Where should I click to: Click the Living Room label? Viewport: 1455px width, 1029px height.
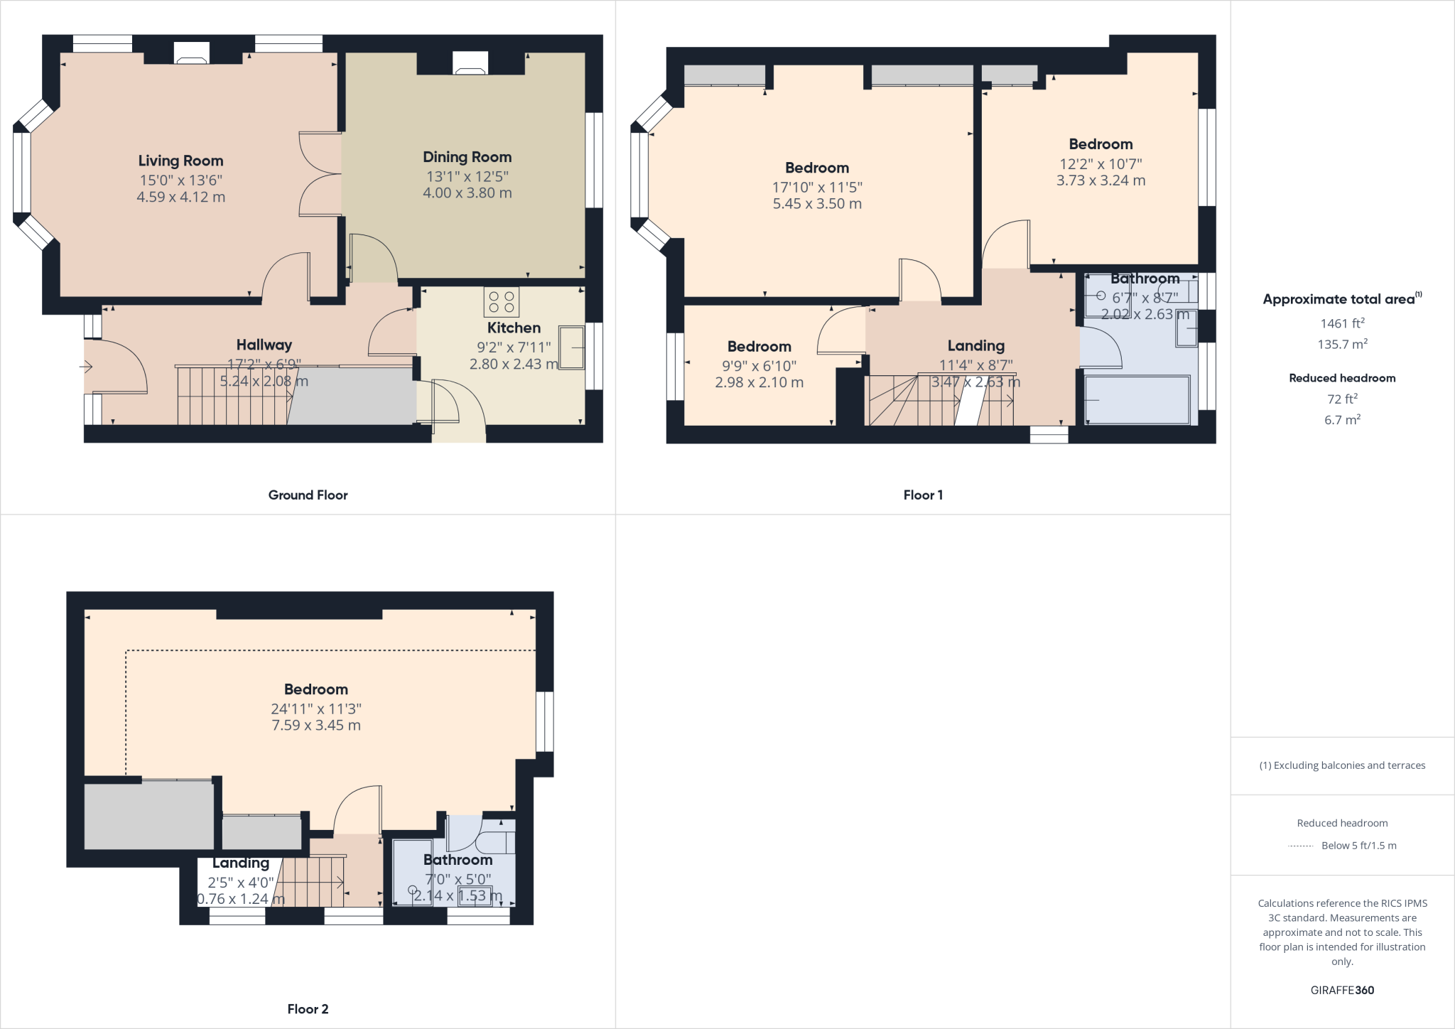coord(180,161)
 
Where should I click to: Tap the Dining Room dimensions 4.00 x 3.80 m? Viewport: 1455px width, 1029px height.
coord(467,193)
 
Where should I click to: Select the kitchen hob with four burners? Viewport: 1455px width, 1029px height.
coord(501,302)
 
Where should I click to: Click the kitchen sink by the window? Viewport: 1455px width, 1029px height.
coord(572,348)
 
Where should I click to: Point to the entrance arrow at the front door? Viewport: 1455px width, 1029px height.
coord(86,367)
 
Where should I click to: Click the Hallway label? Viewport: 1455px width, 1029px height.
coord(264,345)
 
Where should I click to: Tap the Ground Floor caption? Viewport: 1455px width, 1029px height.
coord(308,495)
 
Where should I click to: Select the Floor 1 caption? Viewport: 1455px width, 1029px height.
coord(923,495)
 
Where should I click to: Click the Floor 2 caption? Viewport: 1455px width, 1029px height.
coord(308,1009)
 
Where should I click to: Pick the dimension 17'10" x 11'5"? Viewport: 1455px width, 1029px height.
coord(817,188)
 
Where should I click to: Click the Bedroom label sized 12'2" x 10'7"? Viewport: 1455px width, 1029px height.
coord(1100,144)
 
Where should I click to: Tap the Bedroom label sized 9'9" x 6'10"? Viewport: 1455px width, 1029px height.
coord(759,347)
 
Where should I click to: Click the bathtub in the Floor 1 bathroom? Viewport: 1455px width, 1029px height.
coord(1137,400)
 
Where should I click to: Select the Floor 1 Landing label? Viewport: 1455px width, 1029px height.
coord(975,346)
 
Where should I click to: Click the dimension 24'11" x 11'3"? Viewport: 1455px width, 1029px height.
coord(315,709)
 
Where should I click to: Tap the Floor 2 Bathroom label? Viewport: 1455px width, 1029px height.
coord(458,860)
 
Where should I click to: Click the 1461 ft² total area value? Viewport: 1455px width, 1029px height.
coord(1342,323)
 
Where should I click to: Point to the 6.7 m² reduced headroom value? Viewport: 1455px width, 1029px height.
coord(1342,420)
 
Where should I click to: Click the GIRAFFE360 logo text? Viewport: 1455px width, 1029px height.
coord(1342,990)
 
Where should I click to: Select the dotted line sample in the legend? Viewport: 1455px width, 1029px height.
coord(1300,846)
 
